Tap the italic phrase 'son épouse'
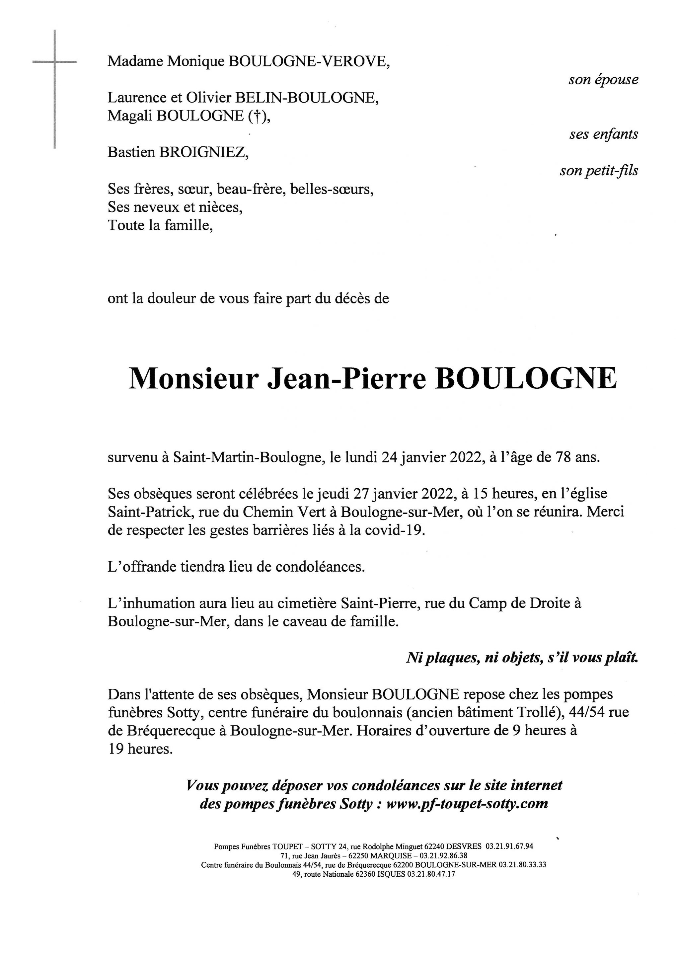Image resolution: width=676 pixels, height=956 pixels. coord(603,80)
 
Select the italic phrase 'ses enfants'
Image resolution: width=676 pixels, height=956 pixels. coord(604,134)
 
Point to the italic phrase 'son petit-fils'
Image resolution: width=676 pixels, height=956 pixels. coord(599,171)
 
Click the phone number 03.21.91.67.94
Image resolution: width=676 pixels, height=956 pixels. coord(509,846)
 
